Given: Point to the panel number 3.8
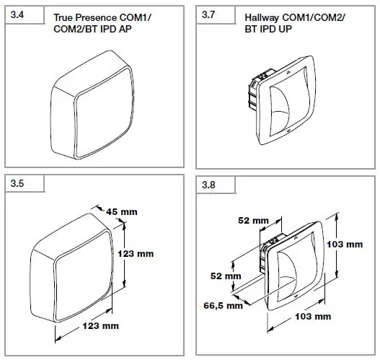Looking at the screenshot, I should point(209,185).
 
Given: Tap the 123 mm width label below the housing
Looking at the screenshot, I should point(100,326).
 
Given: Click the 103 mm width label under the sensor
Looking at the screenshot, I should point(314,317).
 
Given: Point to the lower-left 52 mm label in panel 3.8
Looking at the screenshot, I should point(226,276).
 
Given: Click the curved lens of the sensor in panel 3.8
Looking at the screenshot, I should point(290,263).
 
